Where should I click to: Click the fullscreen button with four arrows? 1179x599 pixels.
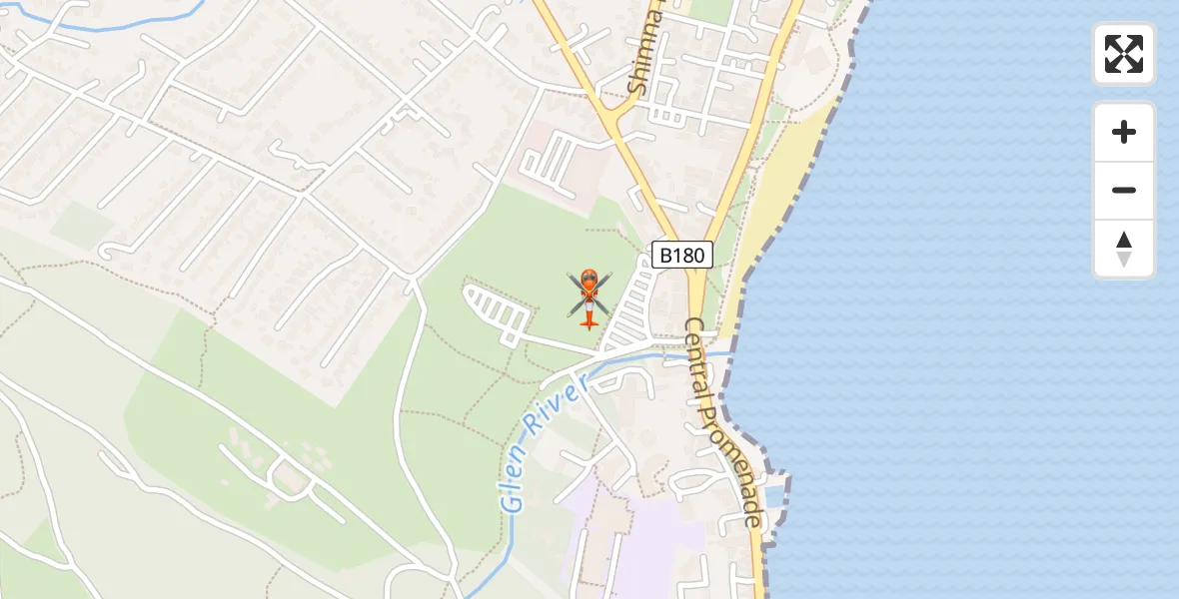pos(1124,54)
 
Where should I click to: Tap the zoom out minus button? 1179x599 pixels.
pos(1124,190)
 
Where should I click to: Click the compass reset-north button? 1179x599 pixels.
pos(1124,249)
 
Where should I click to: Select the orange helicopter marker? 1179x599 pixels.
pos(589,297)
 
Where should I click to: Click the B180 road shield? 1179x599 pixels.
pos(682,256)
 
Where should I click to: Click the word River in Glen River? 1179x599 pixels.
pos(562,408)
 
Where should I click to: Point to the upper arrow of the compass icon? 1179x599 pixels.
pos(1124,240)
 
